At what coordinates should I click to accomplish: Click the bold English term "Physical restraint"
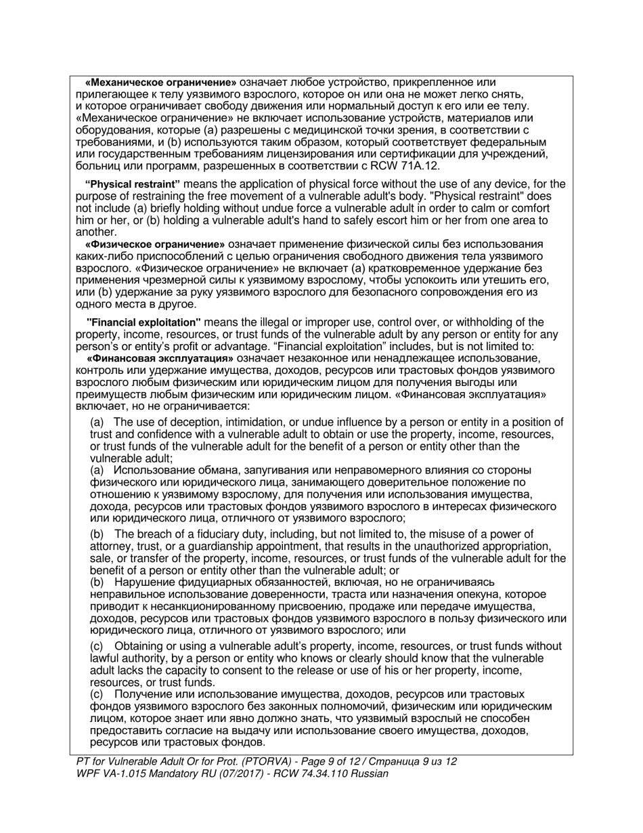point(133,184)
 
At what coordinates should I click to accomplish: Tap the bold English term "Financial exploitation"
point(144,322)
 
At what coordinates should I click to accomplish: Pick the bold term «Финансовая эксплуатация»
point(160,358)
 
